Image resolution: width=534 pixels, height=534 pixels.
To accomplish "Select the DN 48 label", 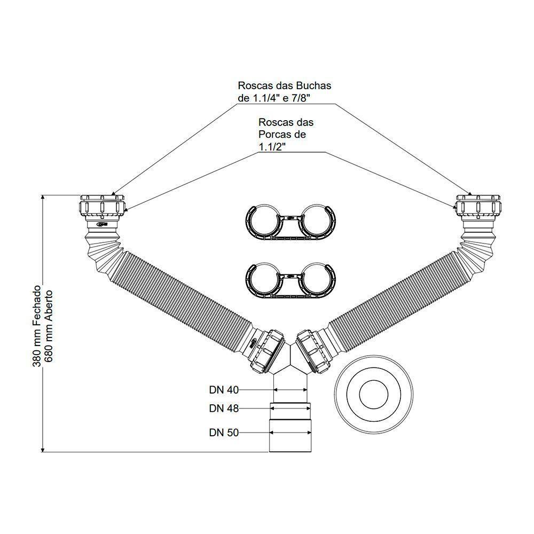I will [x=224, y=409].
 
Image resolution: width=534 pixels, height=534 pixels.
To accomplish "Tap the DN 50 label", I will [x=224, y=433].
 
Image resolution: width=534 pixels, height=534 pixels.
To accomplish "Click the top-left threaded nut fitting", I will [x=103, y=205].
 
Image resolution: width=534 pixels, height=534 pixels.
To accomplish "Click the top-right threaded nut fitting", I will [x=479, y=205].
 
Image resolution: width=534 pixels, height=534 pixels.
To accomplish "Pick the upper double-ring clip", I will [x=289, y=219].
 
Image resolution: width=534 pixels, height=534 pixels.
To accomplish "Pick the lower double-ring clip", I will [x=289, y=279].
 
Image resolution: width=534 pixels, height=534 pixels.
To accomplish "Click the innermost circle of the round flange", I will [x=374, y=396].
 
